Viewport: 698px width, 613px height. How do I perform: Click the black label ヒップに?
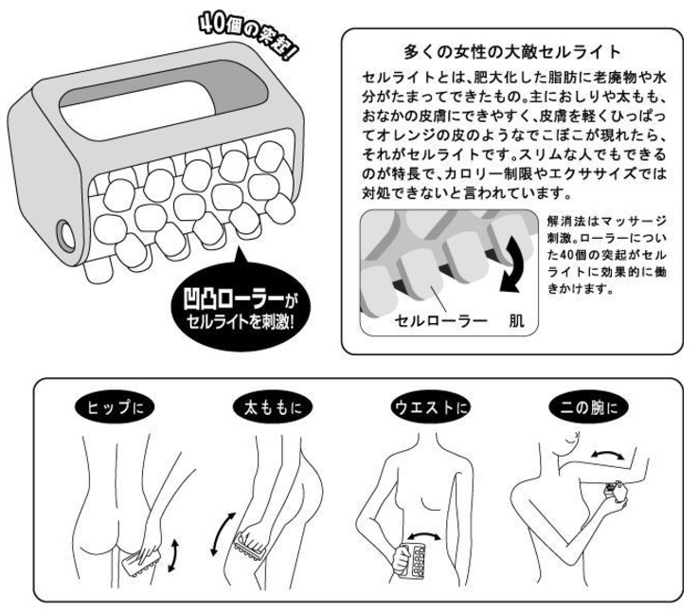coord(115,406)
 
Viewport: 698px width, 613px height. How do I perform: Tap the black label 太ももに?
coord(273,407)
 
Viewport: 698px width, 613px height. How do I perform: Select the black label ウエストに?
coord(430,407)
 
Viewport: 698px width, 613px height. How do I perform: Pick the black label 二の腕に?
coord(588,407)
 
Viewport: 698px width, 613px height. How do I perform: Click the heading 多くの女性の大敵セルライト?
coord(512,52)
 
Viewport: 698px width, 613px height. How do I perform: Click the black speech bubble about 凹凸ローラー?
coord(241,305)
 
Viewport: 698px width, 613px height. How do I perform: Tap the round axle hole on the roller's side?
coord(66,235)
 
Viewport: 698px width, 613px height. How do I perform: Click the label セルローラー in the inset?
coord(440,320)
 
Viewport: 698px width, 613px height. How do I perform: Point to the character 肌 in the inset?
coord(516,320)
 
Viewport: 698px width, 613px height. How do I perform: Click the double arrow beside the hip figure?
coord(173,554)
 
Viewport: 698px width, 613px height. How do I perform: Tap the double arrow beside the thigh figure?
coord(223,533)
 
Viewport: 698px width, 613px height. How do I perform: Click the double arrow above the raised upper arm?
coord(608,455)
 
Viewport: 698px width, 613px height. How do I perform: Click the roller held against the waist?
coord(413,560)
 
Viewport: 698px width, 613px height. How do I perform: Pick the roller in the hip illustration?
coord(139,562)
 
